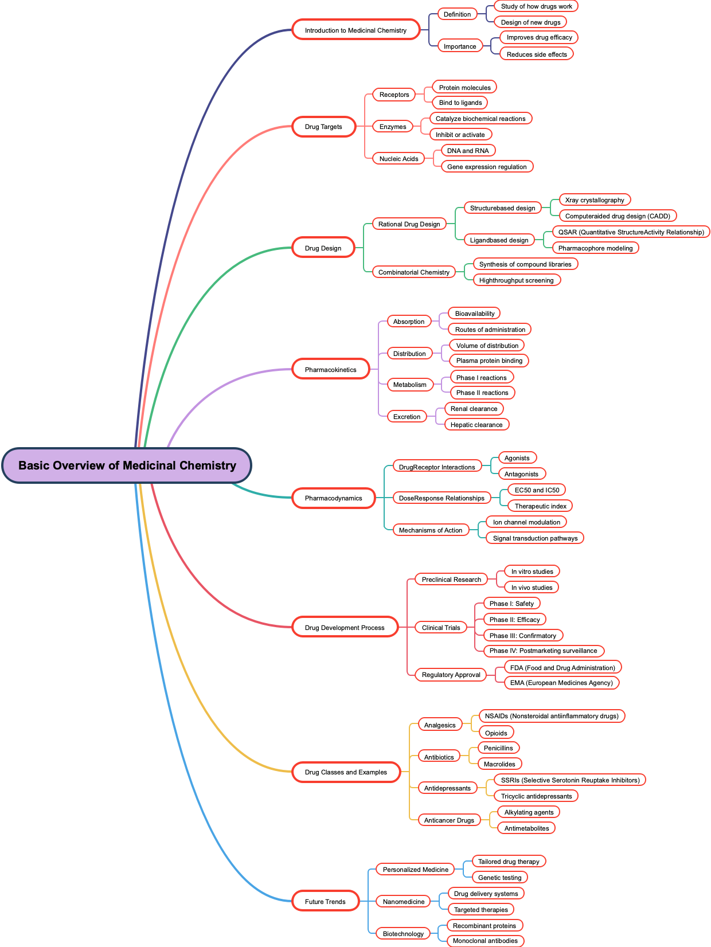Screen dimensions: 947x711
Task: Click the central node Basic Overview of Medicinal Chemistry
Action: (x=127, y=465)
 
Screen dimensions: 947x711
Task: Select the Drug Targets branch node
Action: (x=323, y=127)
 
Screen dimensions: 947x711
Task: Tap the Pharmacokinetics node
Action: (x=330, y=370)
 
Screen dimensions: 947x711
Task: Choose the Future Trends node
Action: (x=325, y=902)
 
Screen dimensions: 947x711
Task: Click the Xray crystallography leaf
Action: (x=595, y=200)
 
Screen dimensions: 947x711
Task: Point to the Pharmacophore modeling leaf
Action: (x=595, y=248)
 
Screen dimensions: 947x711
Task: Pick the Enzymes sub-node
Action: (x=393, y=127)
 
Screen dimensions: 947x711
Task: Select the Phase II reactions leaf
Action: (x=482, y=393)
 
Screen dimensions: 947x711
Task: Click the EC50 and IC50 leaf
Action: (x=537, y=490)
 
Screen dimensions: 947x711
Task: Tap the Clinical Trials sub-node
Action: (x=441, y=628)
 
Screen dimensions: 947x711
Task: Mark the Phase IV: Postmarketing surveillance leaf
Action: (x=543, y=651)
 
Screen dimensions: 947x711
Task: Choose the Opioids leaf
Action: (x=496, y=733)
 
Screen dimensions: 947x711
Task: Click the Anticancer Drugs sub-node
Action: (x=449, y=820)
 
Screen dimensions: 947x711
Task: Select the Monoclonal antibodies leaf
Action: (x=485, y=941)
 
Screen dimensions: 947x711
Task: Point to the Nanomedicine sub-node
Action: (x=404, y=902)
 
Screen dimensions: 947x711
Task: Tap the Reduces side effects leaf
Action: (x=537, y=54)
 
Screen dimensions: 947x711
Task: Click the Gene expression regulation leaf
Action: (x=487, y=167)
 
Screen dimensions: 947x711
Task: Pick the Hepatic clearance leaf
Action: (x=476, y=425)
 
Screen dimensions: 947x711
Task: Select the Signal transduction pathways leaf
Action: (x=535, y=538)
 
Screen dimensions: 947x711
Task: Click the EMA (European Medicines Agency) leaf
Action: (x=561, y=683)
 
